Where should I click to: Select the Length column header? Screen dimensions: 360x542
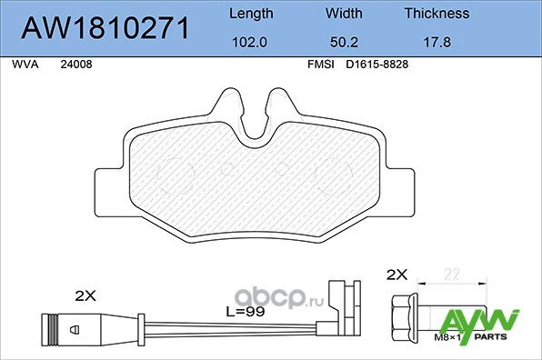pyautogui.click(x=250, y=14)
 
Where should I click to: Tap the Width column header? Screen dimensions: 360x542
pyautogui.click(x=343, y=14)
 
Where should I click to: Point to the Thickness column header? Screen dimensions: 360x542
pyautogui.click(x=437, y=14)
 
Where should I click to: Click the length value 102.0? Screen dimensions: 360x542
pyautogui.click(x=250, y=42)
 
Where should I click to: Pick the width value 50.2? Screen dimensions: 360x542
pyautogui.click(x=343, y=42)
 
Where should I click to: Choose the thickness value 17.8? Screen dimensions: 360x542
pyautogui.click(x=437, y=42)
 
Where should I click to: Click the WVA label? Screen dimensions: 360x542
pyautogui.click(x=25, y=65)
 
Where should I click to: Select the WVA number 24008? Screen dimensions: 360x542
pyautogui.click(x=75, y=65)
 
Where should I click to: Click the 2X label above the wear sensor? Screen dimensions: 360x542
pyautogui.click(x=85, y=295)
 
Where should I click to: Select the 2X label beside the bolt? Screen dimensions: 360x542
pyautogui.click(x=397, y=274)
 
